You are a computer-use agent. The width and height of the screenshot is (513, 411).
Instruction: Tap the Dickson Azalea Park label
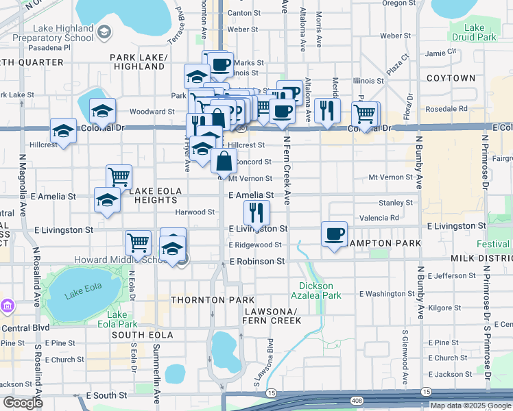tap(320, 290)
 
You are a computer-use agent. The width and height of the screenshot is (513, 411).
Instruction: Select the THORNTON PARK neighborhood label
tap(213, 300)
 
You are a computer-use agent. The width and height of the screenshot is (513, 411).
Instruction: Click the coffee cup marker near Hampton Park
tap(334, 235)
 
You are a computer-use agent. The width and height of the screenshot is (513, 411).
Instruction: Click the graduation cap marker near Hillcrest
tap(63, 131)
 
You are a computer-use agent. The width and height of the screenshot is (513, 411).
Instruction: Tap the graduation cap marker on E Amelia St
tap(107, 201)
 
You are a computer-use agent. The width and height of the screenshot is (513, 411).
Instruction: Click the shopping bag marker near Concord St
tap(224, 163)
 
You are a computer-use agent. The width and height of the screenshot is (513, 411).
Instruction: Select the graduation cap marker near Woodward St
tap(102, 112)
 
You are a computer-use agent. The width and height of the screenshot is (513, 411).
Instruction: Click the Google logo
tap(23, 403)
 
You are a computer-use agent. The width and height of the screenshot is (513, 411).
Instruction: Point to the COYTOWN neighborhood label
tap(451, 78)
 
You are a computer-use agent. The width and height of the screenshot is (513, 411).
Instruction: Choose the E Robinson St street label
tap(257, 262)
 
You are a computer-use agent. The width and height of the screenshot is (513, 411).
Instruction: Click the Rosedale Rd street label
tap(446, 108)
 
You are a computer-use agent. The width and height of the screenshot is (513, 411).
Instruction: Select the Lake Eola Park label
tap(117, 319)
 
